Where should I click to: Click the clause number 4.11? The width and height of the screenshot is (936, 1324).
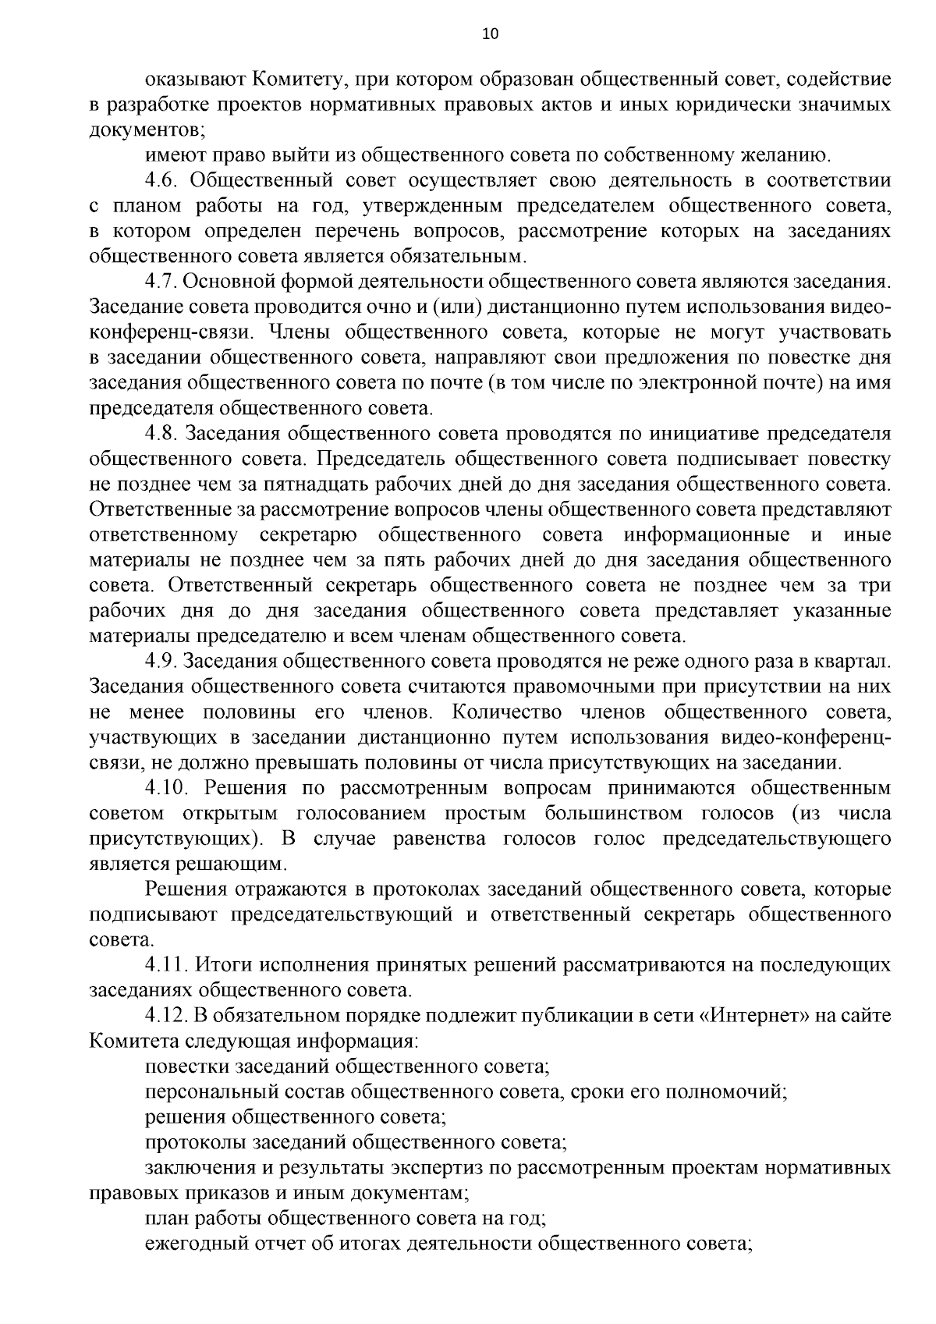pyautogui.click(x=167, y=966)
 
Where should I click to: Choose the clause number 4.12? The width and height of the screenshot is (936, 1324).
pyautogui.click(x=167, y=1017)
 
